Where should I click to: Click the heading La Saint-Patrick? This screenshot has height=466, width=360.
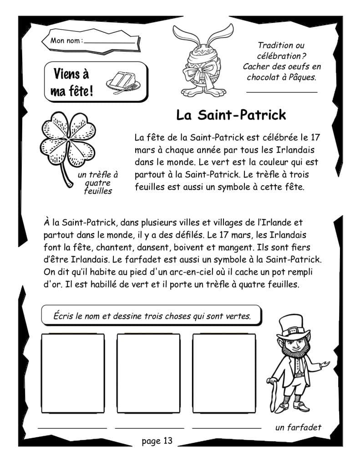pyautogui.click(x=231, y=115)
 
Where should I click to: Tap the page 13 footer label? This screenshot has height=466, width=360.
pyautogui.click(x=157, y=441)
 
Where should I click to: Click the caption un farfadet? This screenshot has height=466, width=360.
pyautogui.click(x=298, y=427)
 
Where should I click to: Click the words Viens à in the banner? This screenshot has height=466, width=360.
pyautogui.click(x=71, y=73)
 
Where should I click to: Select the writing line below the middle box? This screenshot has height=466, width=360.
pyautogui.click(x=149, y=428)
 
